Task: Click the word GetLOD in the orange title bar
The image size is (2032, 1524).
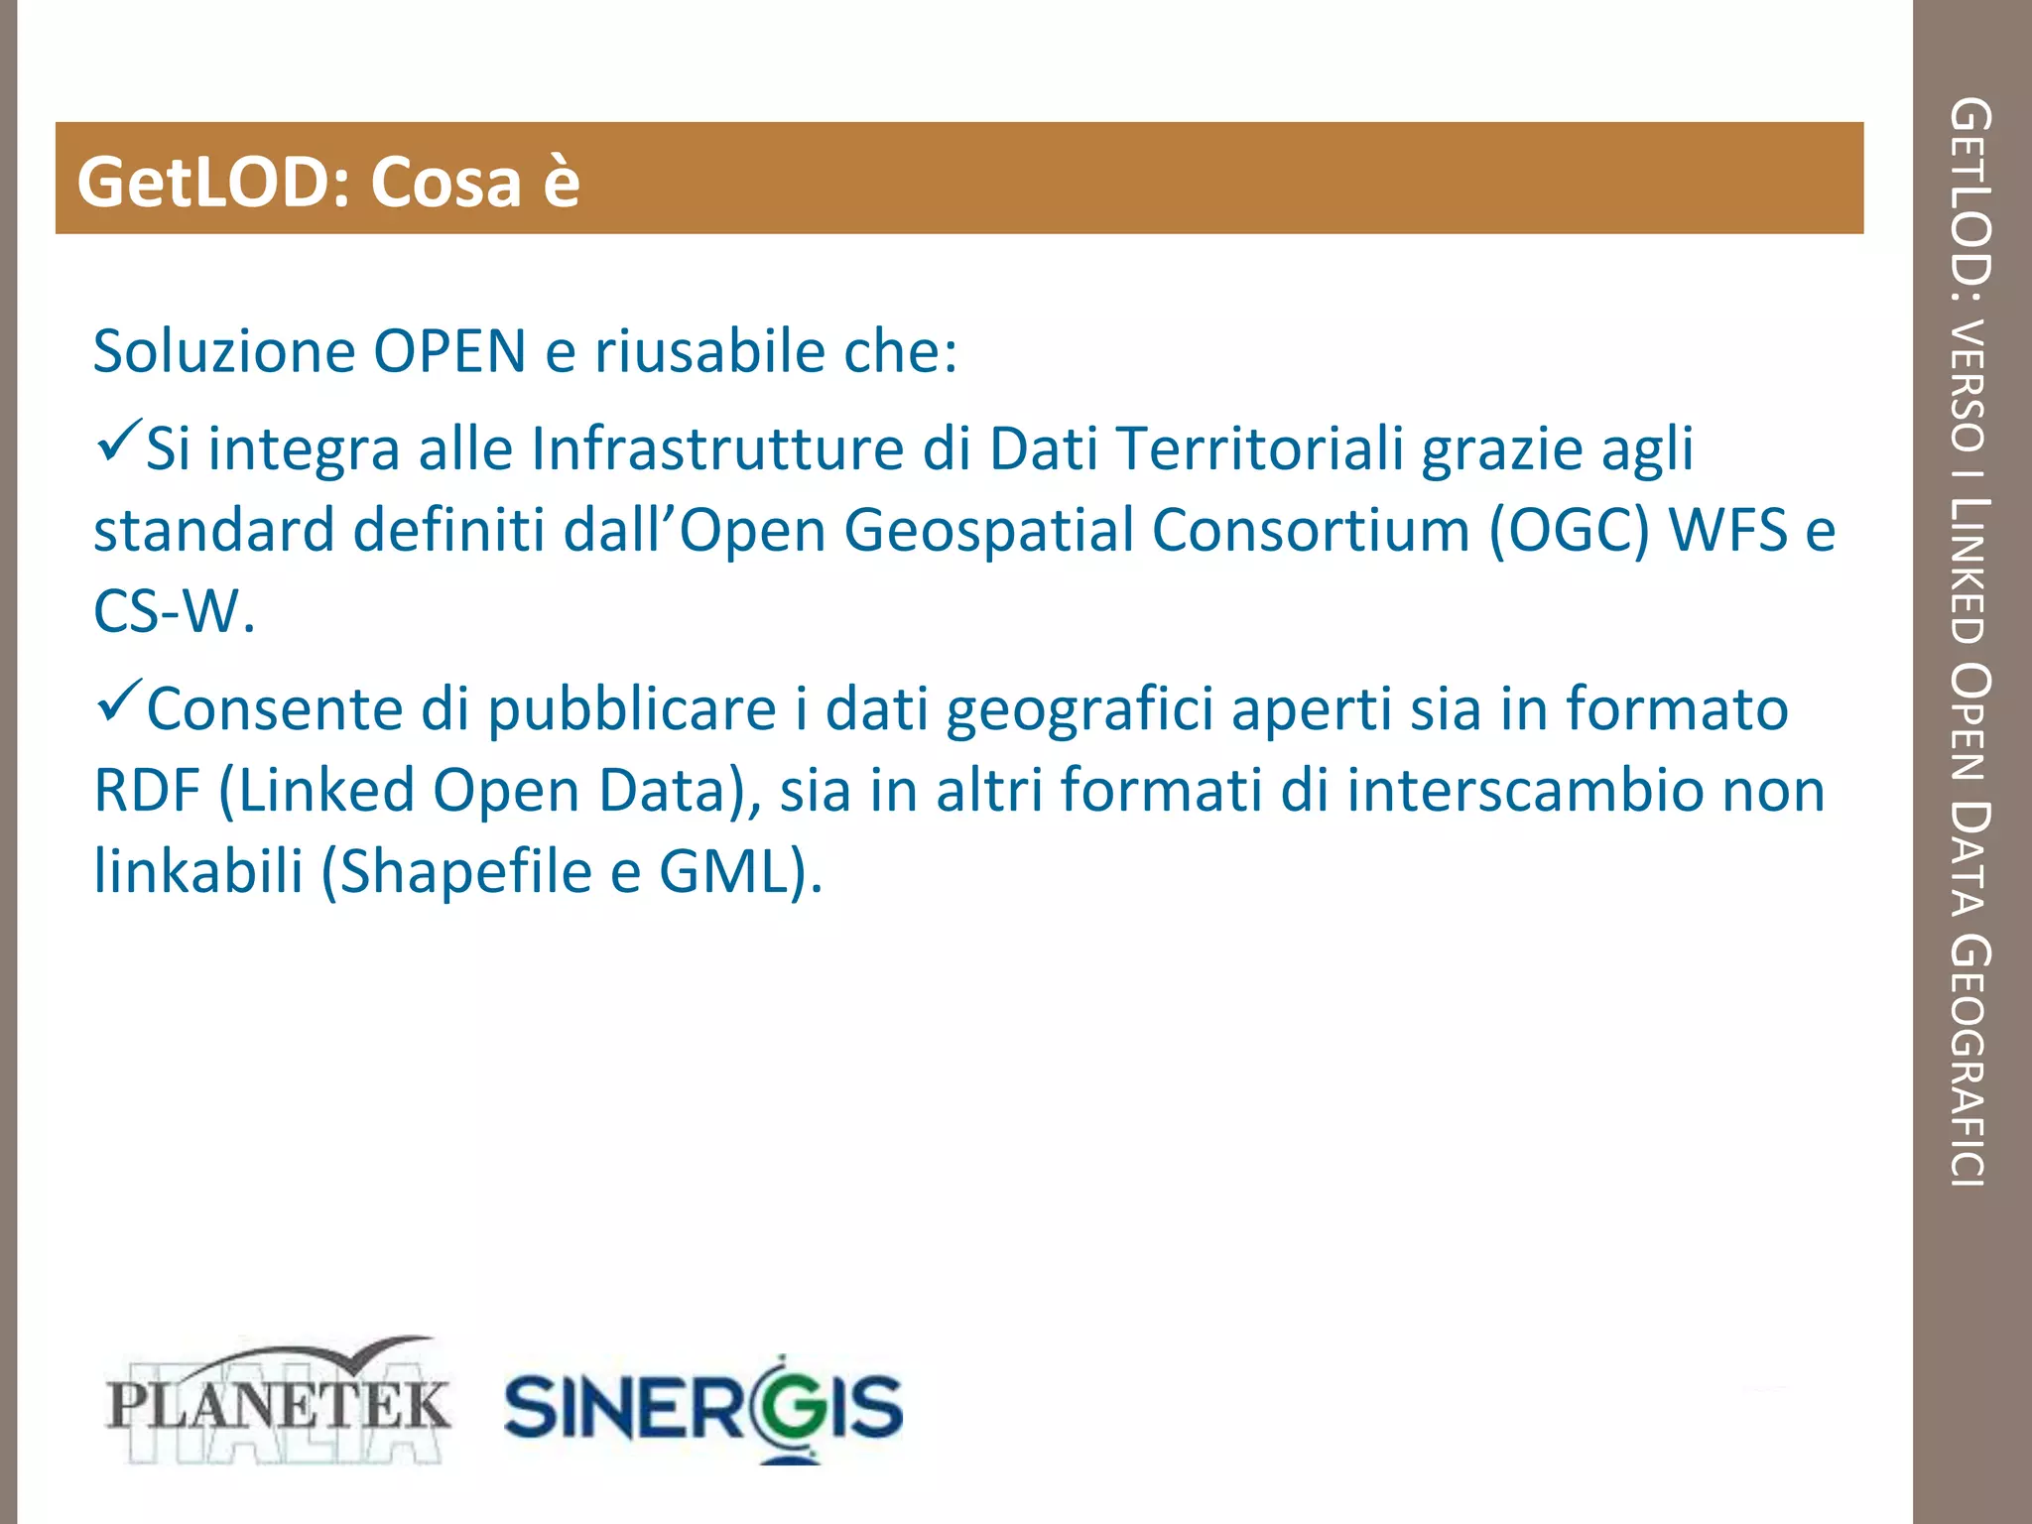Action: [x=209, y=183]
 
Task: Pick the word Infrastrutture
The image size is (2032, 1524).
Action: [x=717, y=448]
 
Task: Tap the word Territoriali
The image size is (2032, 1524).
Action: [x=1259, y=448]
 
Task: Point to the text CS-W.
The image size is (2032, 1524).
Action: [x=173, y=611]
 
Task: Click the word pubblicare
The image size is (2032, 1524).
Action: [x=632, y=710]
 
